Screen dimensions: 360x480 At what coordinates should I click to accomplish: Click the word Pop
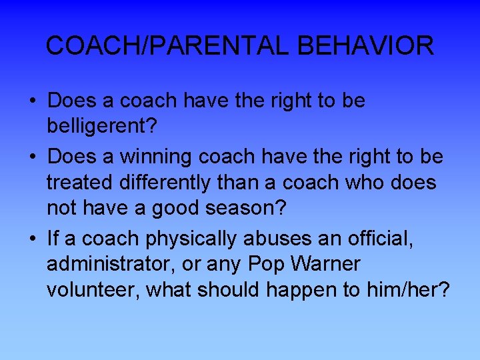(x=265, y=265)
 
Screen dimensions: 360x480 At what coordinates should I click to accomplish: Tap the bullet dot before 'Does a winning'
(x=33, y=157)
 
